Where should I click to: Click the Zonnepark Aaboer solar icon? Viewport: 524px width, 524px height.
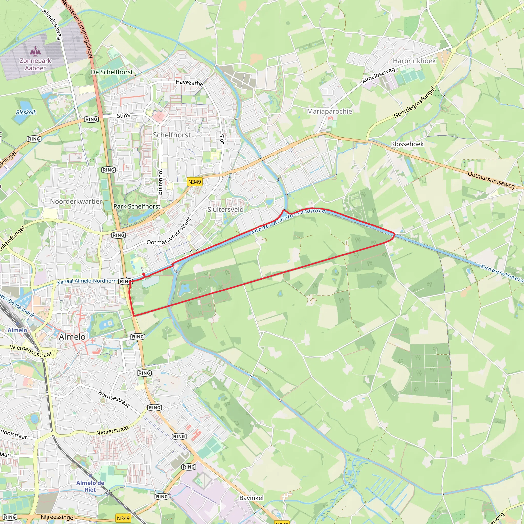[35, 51]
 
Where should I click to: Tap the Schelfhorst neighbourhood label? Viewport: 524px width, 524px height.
[172, 135]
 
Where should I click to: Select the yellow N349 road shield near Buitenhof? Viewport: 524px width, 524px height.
[195, 182]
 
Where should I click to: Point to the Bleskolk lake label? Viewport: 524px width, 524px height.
[26, 112]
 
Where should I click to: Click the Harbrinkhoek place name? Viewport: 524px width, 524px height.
[414, 61]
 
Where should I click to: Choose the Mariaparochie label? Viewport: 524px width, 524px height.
[329, 111]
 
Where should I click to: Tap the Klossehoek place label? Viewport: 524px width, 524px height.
[407, 144]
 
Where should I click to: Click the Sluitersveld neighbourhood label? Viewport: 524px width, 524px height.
[225, 209]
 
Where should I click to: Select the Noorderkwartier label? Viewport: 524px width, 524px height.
[76, 201]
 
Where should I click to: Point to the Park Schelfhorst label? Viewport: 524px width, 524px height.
[137, 206]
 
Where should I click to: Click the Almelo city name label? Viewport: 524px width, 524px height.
[72, 337]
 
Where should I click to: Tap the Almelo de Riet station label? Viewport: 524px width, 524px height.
[90, 486]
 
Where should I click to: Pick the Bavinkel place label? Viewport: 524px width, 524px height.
[252, 498]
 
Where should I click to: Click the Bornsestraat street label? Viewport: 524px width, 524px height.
[114, 399]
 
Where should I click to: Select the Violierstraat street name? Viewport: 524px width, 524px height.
[113, 430]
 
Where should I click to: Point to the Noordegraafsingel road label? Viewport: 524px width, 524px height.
[414, 102]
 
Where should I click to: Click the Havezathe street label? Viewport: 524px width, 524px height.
[189, 83]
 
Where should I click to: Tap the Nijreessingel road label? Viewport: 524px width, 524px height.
[58, 517]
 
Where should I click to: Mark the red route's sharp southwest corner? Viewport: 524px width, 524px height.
[134, 316]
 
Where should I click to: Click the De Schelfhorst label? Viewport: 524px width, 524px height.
[112, 72]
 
